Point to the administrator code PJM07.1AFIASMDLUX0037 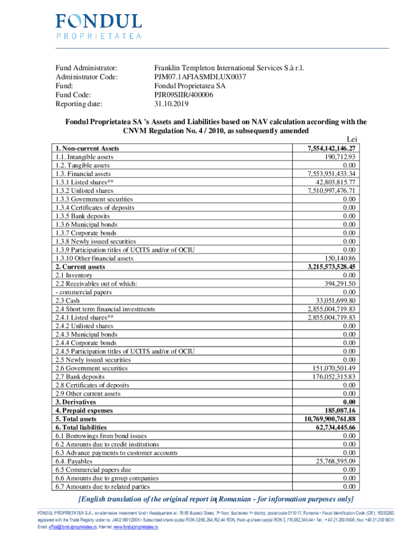200,77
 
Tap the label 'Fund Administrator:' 86,68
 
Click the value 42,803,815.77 332,182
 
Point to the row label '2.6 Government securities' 91,368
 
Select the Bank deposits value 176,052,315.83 330,377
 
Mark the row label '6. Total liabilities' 81,428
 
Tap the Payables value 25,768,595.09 332,462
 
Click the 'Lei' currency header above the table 352,140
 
